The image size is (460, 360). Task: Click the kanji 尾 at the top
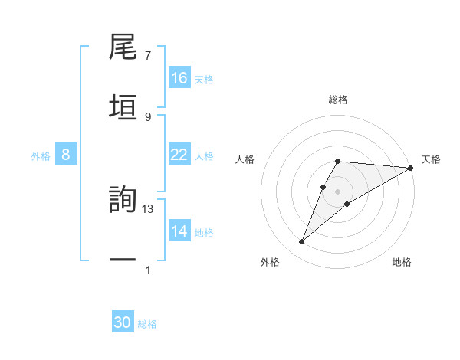(123, 48)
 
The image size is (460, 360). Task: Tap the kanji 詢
(123, 200)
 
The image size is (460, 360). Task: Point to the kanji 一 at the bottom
(123, 260)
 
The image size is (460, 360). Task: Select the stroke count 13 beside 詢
(149, 209)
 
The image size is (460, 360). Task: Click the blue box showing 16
(179, 78)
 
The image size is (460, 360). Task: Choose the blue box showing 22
(179, 155)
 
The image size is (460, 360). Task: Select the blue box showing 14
(179, 231)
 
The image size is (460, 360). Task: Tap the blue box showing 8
(66, 155)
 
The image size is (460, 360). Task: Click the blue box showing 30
(123, 322)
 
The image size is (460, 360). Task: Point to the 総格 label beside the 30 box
(147, 324)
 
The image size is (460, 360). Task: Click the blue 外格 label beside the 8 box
(41, 156)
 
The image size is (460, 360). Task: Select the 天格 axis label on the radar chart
(431, 159)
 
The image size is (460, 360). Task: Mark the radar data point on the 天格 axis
(411, 168)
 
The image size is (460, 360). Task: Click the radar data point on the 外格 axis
(301, 242)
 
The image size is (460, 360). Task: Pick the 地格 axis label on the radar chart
(402, 262)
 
